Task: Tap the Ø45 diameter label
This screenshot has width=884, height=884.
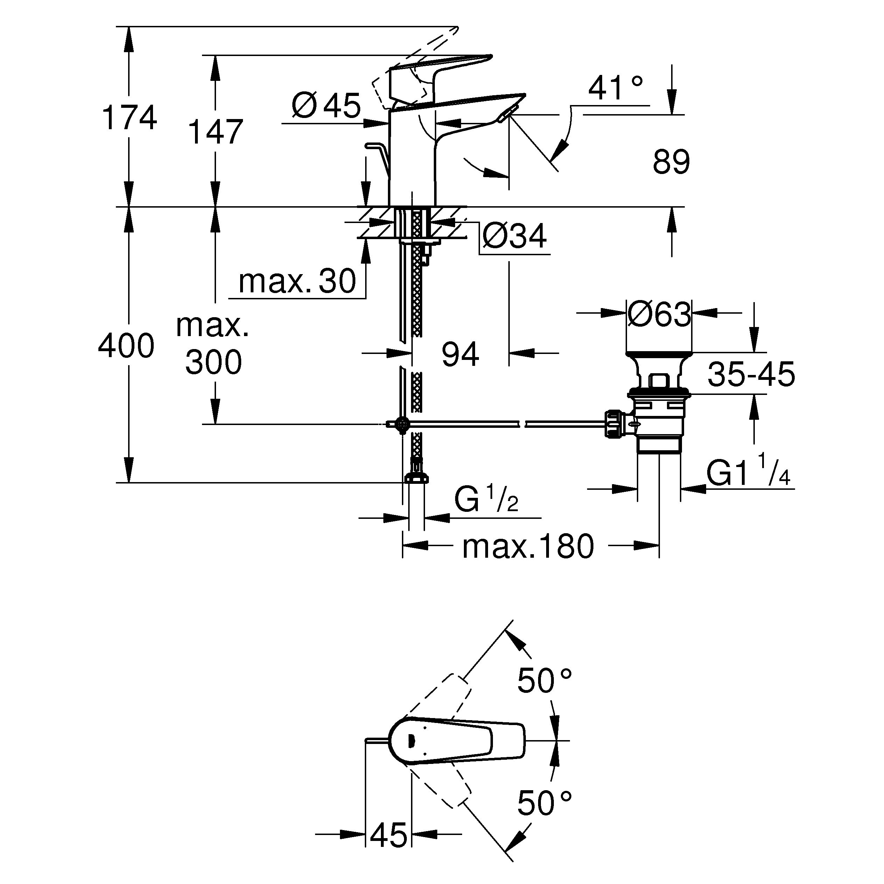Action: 326,106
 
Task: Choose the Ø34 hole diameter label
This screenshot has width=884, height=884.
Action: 515,237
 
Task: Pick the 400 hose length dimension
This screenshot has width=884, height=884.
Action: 126,346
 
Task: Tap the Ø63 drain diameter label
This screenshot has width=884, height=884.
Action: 659,315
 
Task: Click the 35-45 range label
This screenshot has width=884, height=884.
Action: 751,374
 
